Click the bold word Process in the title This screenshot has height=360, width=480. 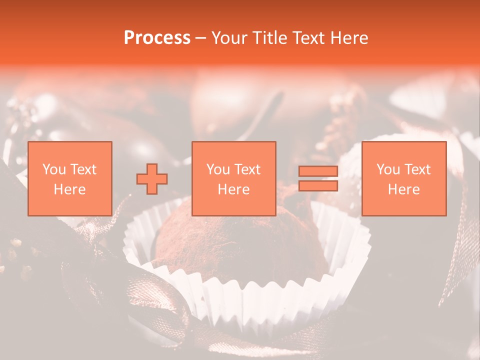coord(157,38)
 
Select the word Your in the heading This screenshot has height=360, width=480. coord(229,38)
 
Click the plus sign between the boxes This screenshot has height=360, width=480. coord(152,179)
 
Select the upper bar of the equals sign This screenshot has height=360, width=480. coord(318,171)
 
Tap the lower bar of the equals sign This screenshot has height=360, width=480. coord(318,186)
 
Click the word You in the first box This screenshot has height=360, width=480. coord(53,169)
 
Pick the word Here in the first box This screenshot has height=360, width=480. coord(69,189)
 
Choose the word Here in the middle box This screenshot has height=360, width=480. coord(234,189)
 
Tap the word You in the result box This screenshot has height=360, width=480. coord(388,169)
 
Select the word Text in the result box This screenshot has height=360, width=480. coord(417,169)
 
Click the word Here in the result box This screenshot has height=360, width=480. coord(404,189)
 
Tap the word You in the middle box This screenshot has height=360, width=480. coord(218,169)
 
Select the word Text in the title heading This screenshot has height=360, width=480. coord(305,38)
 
